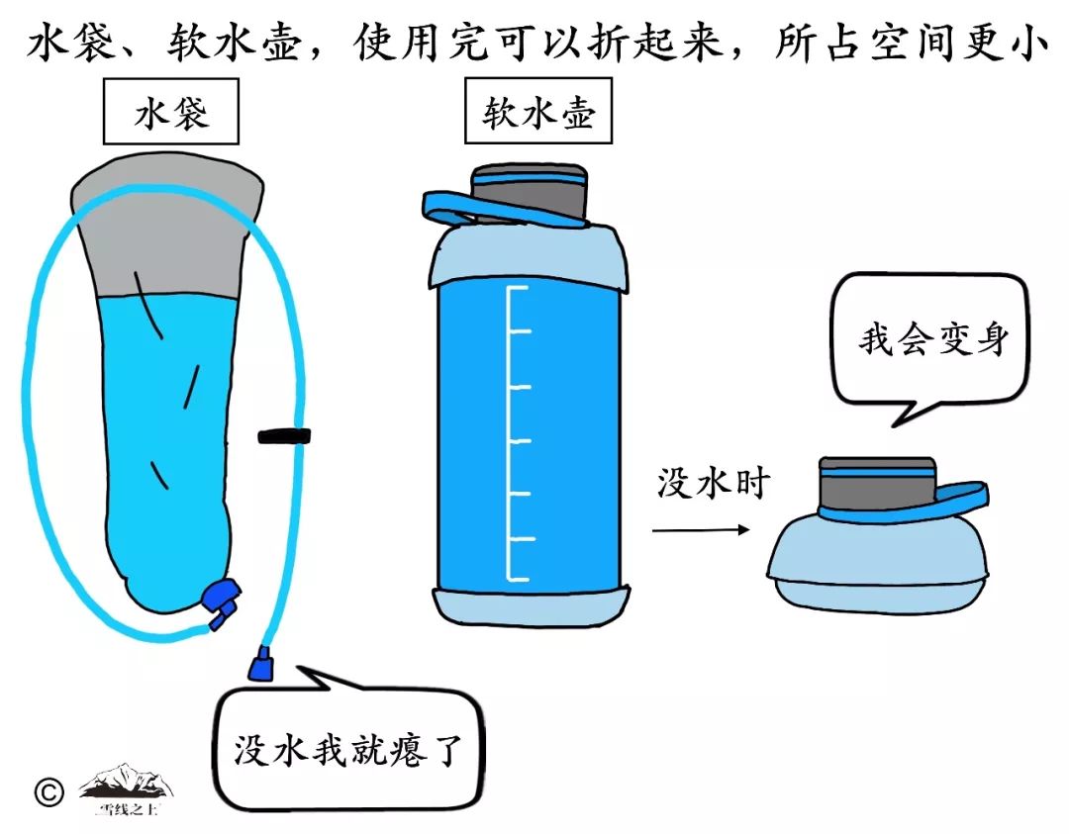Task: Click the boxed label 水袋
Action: pos(171,116)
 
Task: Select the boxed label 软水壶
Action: pos(537,116)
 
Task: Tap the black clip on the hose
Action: pos(285,435)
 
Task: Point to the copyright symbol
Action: pos(48,791)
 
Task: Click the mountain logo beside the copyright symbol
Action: pos(126,787)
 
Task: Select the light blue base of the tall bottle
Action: pos(530,606)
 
